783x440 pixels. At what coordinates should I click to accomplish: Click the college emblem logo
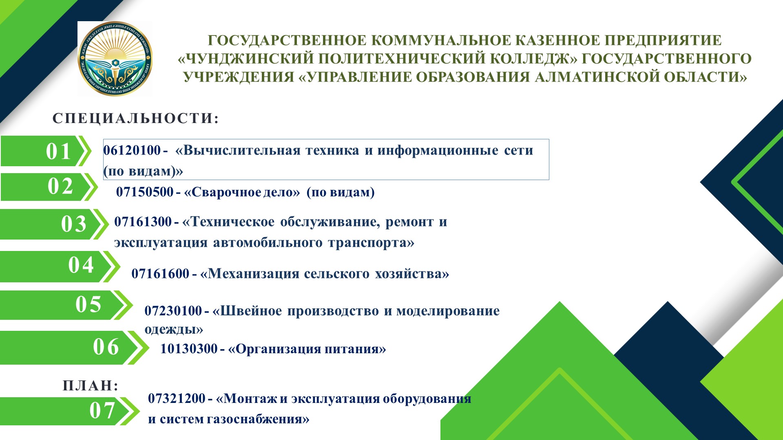click(115, 59)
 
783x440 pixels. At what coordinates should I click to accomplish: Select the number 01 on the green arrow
click(59, 151)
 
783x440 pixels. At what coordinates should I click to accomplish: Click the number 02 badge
click(60, 187)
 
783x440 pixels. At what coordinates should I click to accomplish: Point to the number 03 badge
click(74, 224)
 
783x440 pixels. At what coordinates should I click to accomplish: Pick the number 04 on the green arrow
click(81, 265)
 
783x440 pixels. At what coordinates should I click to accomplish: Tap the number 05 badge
click(88, 304)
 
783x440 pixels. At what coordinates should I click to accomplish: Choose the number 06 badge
click(106, 347)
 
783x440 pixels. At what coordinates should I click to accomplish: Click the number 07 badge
click(102, 410)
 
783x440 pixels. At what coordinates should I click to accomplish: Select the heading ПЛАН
click(91, 385)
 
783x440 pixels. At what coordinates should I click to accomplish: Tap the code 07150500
click(145, 192)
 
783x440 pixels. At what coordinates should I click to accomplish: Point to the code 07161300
click(143, 222)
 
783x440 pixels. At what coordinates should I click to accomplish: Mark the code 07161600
click(160, 273)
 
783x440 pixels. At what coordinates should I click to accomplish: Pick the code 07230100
click(173, 311)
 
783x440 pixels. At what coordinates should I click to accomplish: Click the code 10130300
click(189, 349)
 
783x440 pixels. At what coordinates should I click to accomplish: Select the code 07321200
click(177, 398)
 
